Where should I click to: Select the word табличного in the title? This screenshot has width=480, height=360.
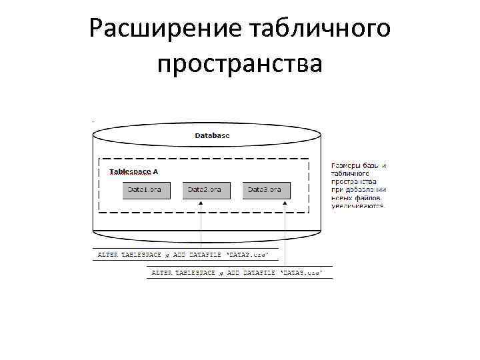point(320,29)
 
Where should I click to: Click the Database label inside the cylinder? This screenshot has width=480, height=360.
point(212,135)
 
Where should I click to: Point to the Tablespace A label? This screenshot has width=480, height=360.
point(133,171)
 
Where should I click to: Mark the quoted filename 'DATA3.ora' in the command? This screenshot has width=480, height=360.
point(302,273)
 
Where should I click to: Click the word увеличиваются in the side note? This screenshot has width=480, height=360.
point(358,207)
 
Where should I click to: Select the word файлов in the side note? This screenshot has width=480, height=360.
point(371,198)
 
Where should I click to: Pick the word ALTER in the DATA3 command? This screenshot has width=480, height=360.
point(161,273)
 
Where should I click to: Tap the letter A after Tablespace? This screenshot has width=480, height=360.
point(155,171)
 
